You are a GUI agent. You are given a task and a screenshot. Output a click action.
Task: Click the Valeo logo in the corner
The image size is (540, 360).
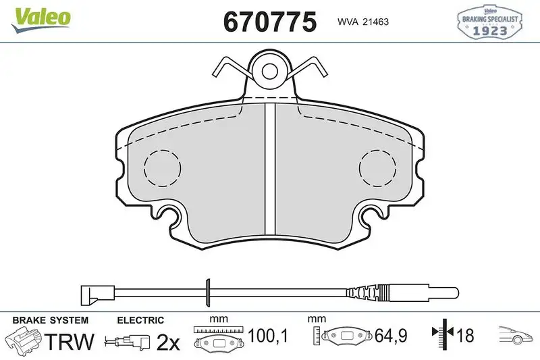40,17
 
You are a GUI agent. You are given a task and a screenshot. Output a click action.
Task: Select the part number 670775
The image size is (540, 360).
269,21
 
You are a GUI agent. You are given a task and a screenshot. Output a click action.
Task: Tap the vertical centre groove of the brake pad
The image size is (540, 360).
269,169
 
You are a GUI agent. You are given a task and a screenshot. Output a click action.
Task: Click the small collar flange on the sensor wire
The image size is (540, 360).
209,292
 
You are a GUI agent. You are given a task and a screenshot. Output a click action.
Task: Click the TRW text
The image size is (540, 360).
71,341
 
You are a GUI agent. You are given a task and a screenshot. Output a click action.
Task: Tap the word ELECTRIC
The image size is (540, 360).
140,320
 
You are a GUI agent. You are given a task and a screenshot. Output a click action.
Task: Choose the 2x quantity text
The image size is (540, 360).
168,342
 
